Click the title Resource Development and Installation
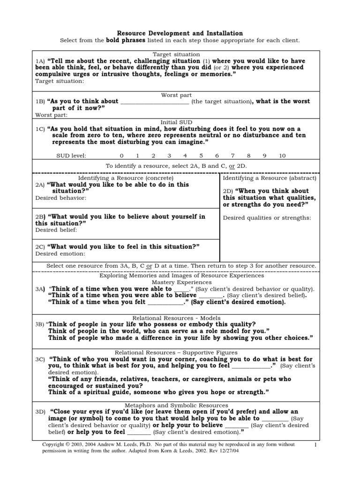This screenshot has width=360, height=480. click(x=180, y=33)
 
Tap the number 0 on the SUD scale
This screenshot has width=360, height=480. click(x=122, y=156)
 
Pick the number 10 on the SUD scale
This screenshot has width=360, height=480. click(x=282, y=156)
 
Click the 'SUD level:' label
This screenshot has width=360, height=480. click(x=71, y=156)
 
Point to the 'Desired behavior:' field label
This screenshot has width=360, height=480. click(x=61, y=198)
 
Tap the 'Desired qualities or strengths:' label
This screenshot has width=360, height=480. click(x=267, y=217)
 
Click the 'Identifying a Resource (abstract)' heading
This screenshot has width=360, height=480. click(x=270, y=178)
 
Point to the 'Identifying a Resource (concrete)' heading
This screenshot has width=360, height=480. click(x=126, y=178)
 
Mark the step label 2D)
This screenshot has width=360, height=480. click(x=228, y=191)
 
